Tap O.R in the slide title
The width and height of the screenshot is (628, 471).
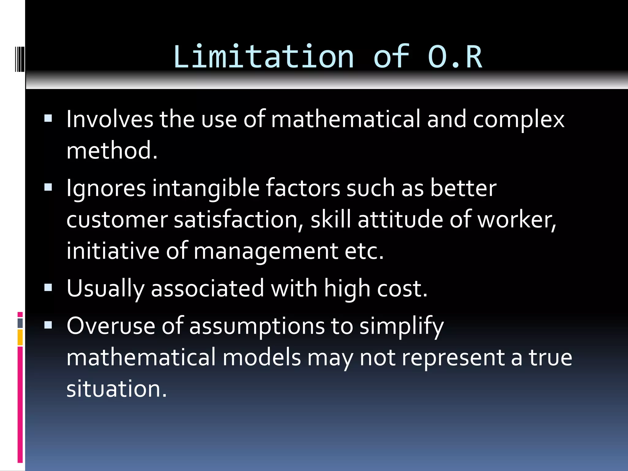[455, 57]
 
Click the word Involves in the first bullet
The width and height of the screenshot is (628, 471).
[110, 119]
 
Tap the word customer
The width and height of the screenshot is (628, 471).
[117, 220]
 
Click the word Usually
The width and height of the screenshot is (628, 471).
[105, 289]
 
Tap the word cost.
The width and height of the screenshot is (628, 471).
[402, 289]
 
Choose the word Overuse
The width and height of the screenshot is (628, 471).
[111, 326]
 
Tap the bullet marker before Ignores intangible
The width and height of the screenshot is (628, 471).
[48, 187]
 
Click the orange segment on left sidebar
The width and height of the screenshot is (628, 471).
[20, 337]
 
